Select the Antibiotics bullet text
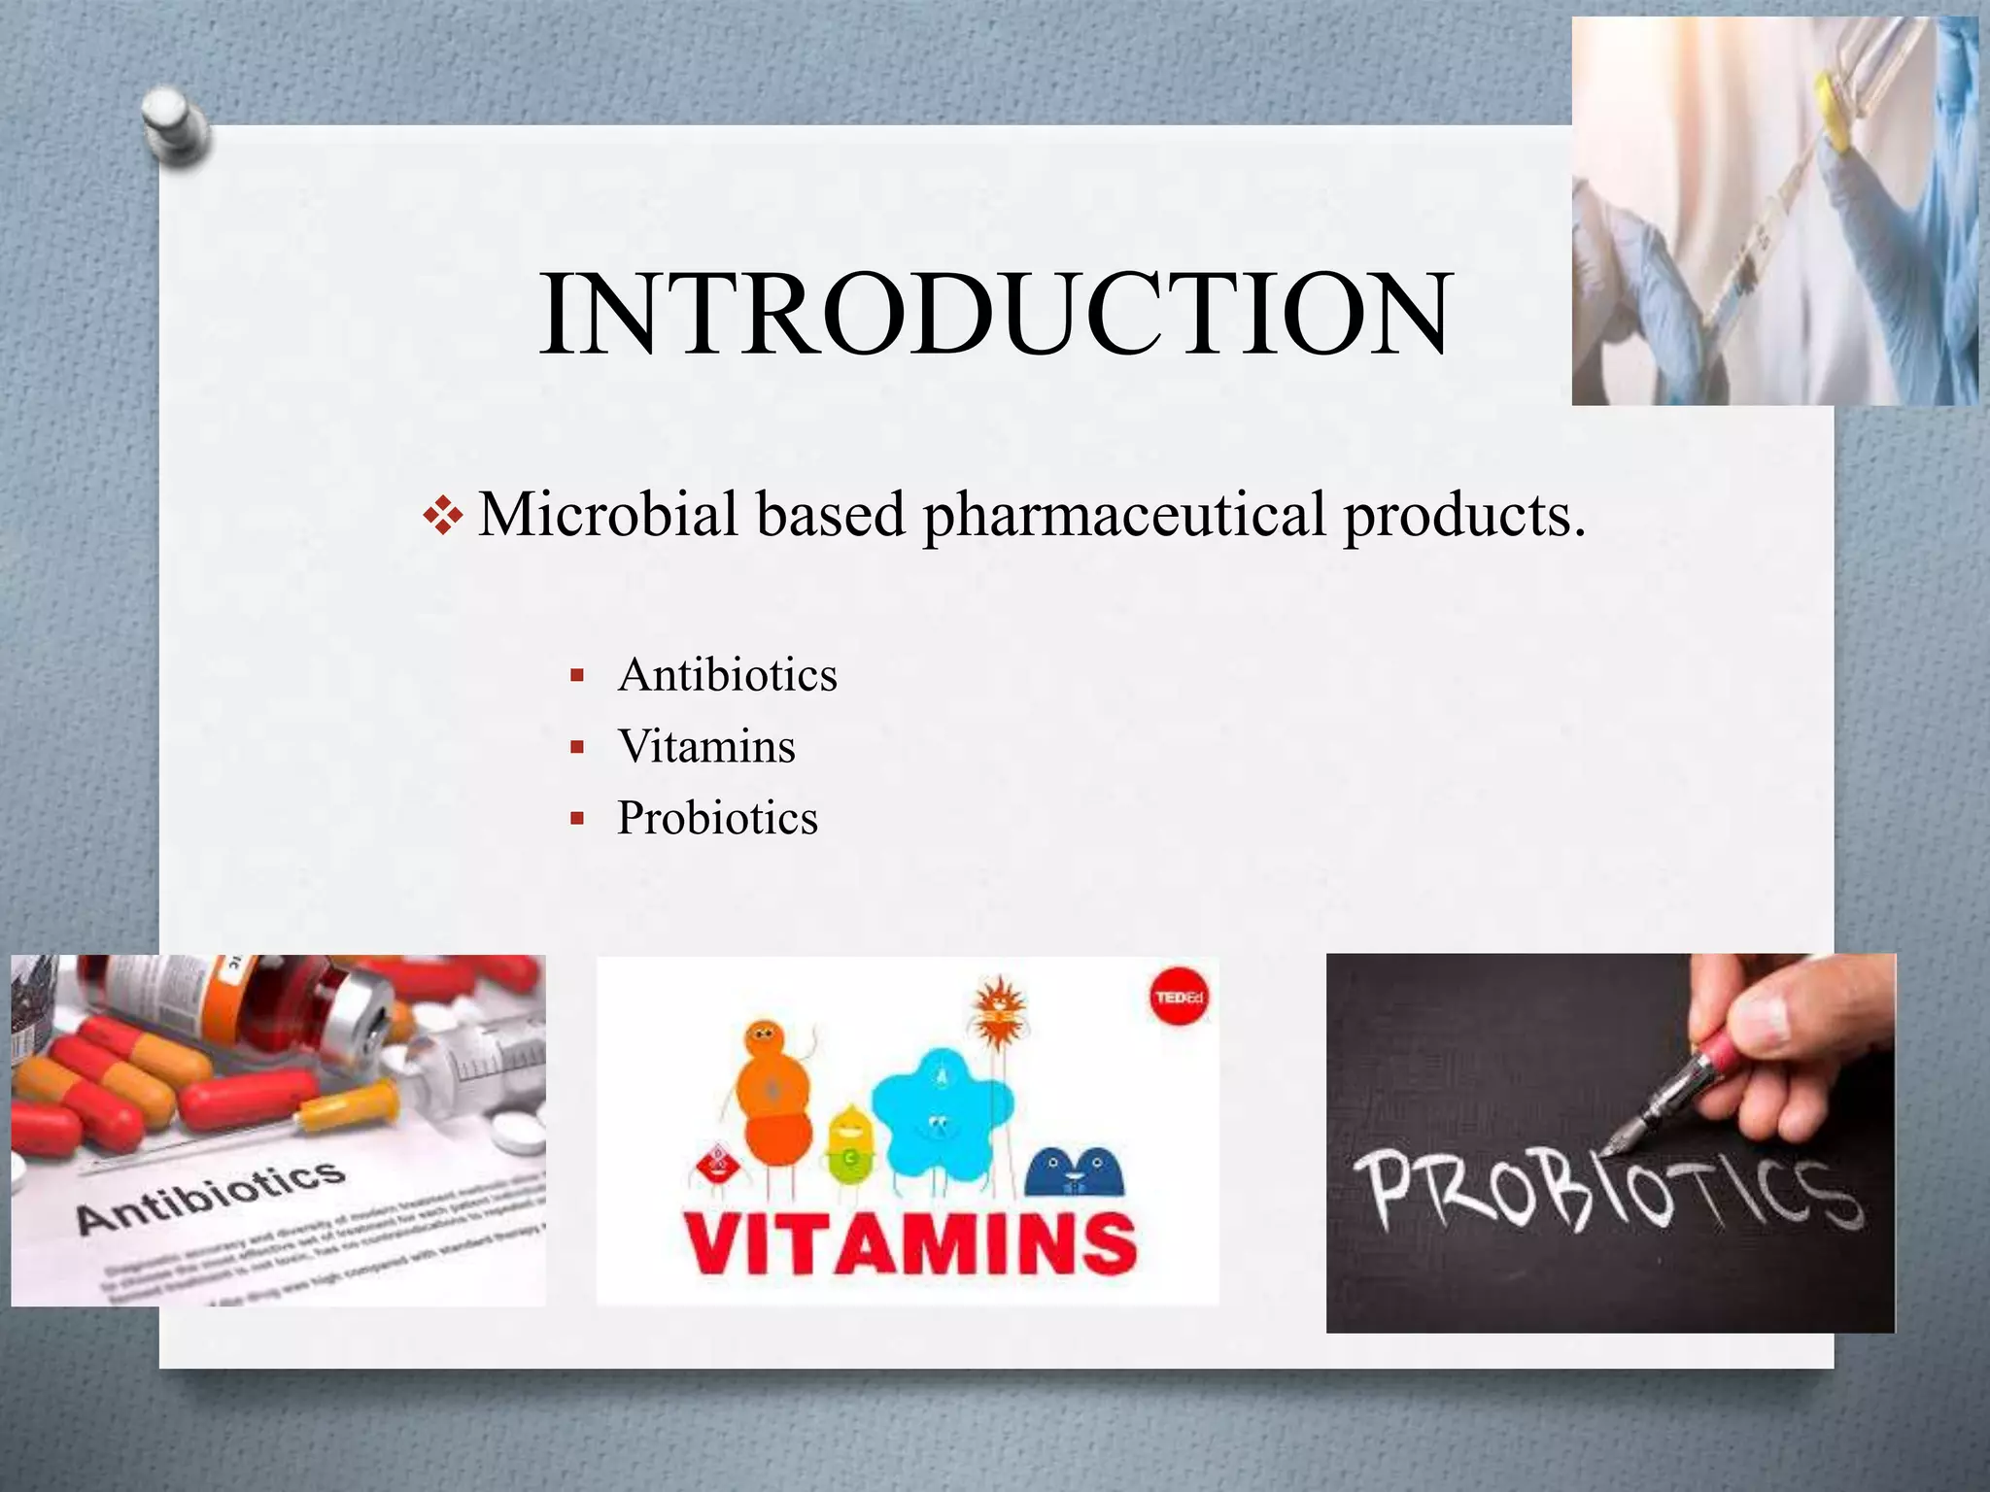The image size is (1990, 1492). pyautogui.click(x=727, y=675)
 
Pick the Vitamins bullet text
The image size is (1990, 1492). pyautogui.click(x=706, y=747)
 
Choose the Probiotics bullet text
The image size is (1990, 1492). pyautogui.click(x=717, y=818)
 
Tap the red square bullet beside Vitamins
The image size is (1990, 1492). pyautogui.click(x=577, y=747)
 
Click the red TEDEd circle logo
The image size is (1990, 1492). pyautogui.click(x=1179, y=998)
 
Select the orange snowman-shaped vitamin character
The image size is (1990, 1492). pyautogui.click(x=773, y=1093)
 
